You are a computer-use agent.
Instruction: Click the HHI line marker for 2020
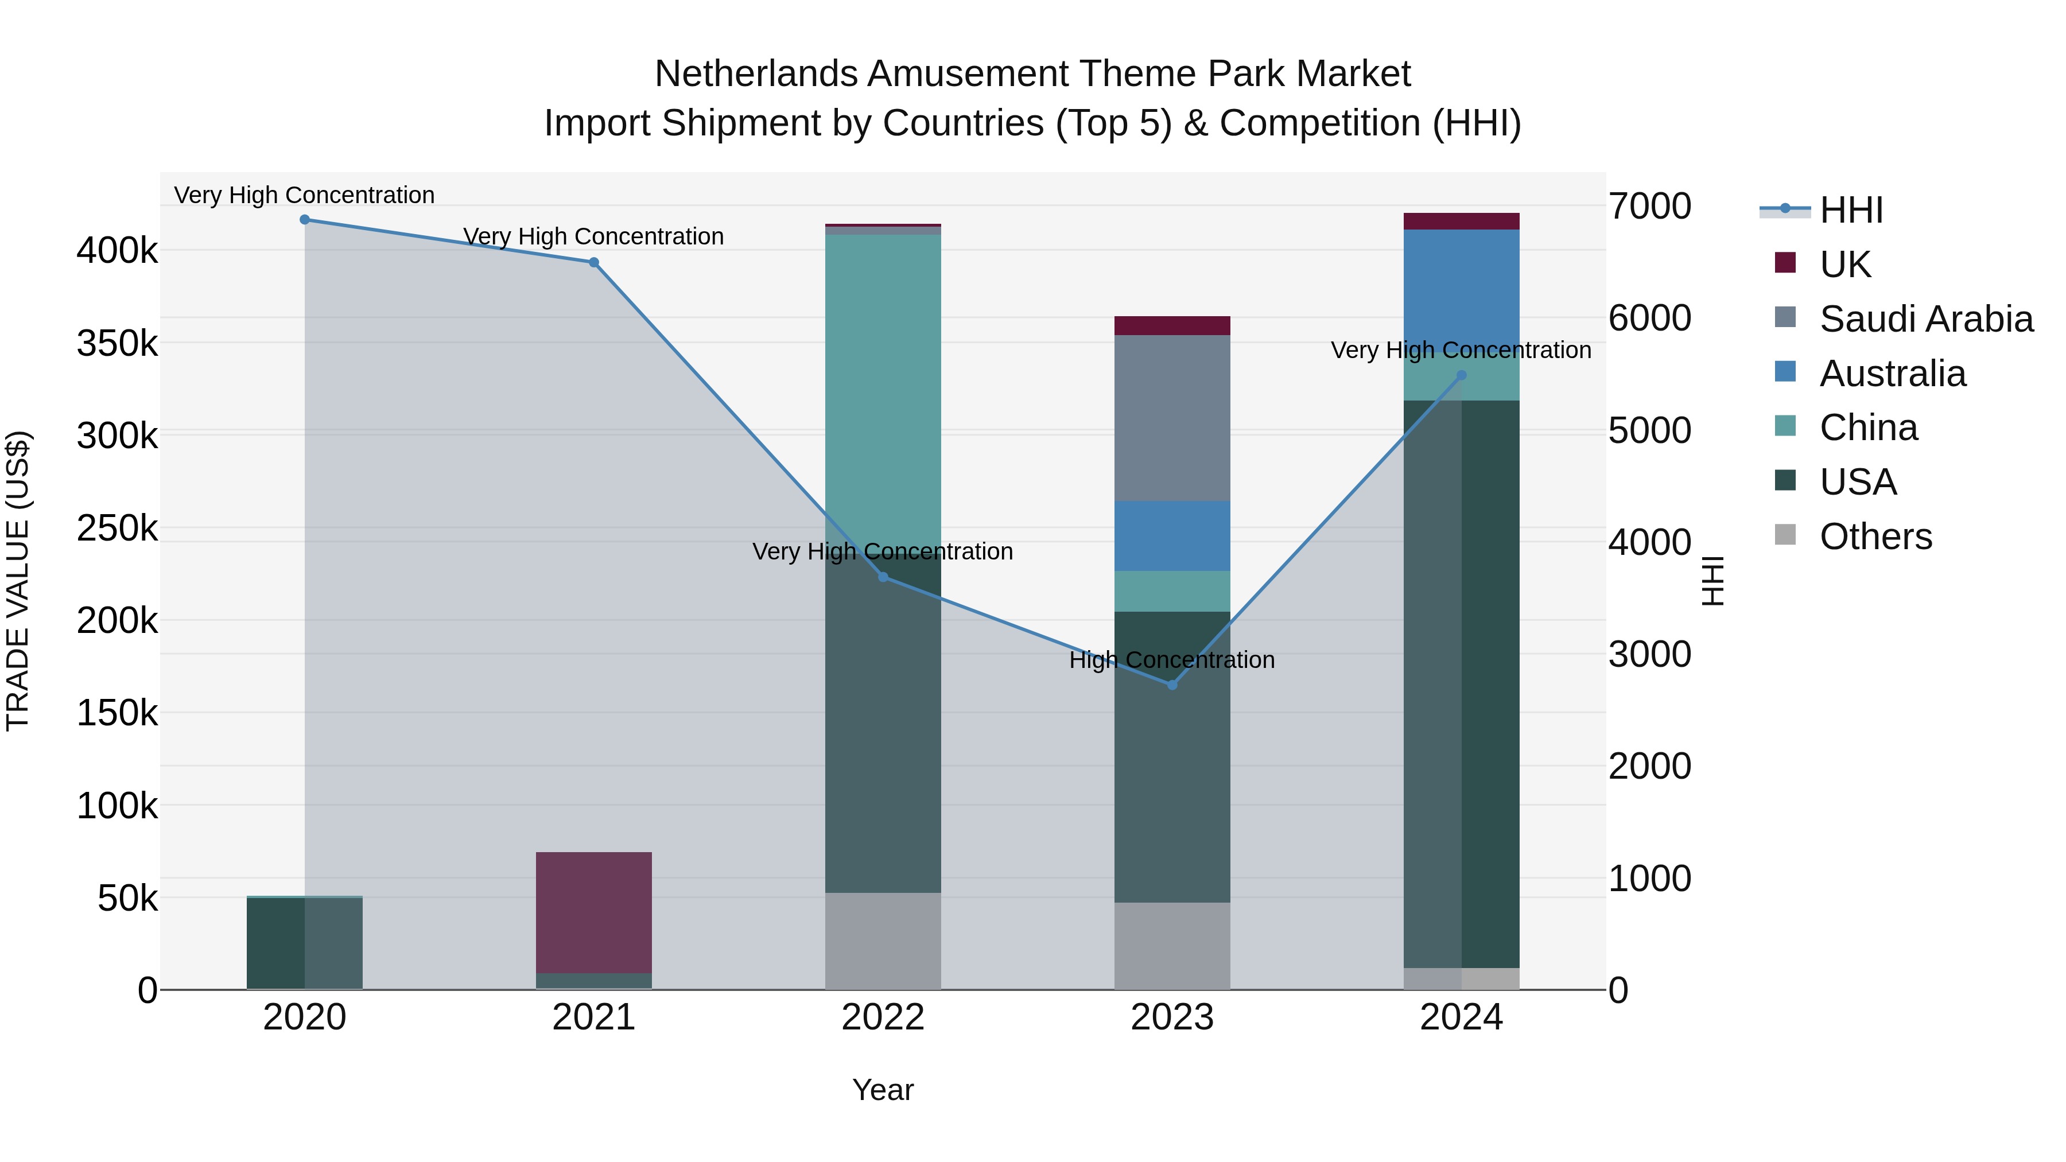[x=305, y=220]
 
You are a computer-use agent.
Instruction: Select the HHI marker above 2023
[x=1172, y=685]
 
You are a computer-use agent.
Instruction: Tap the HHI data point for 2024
[x=1461, y=375]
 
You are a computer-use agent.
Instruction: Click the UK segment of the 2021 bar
[x=593, y=912]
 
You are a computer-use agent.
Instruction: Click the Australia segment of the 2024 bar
[x=1461, y=289]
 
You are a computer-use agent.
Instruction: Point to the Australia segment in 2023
[x=1172, y=536]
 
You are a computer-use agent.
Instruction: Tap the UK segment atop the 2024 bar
[x=1461, y=221]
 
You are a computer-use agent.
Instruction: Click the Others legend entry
[x=1875, y=537]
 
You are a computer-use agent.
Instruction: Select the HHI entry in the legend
[x=1851, y=210]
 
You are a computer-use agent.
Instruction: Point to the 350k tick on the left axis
[x=117, y=344]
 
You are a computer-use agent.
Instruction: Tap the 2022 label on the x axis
[x=883, y=1017]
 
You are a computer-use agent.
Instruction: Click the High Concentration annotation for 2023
[x=1172, y=660]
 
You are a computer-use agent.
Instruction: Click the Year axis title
[x=883, y=1090]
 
